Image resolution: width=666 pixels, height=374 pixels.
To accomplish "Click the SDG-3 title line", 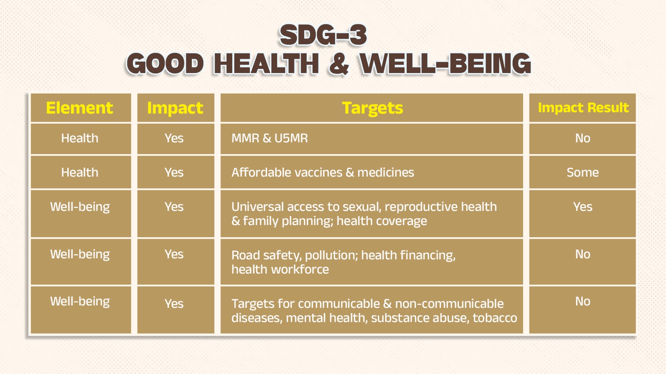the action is point(323,35).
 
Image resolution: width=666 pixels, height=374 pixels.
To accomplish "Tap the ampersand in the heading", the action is point(339,64).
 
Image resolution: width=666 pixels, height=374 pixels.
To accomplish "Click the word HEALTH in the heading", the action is point(266,64).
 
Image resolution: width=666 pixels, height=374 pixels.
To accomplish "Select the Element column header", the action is point(80,108).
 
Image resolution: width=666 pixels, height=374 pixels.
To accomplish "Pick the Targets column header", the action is point(373,108).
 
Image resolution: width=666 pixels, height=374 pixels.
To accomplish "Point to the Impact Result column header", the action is point(583,108).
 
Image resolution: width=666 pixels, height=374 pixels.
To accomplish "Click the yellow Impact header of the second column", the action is point(175,108).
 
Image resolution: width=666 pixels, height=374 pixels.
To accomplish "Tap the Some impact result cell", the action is point(582,172).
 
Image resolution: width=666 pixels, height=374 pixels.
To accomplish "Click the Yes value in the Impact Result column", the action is point(582,207).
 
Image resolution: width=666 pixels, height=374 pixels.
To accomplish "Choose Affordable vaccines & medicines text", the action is point(323,172).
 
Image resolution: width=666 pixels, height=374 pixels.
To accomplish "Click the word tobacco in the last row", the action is point(495,318).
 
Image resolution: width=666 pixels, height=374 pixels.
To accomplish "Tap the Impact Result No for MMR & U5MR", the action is point(582,138).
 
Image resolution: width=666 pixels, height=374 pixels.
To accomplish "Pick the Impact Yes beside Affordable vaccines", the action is point(174,172).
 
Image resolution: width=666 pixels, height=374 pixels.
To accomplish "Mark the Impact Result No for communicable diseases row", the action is point(582,302).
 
